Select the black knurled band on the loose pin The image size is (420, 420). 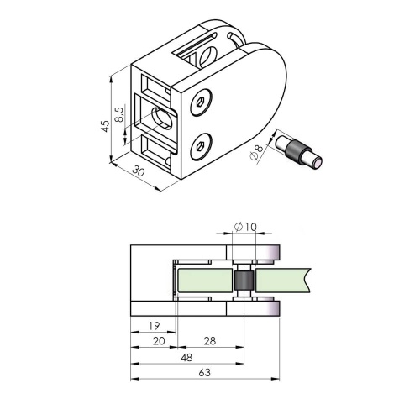click(x=296, y=153)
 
